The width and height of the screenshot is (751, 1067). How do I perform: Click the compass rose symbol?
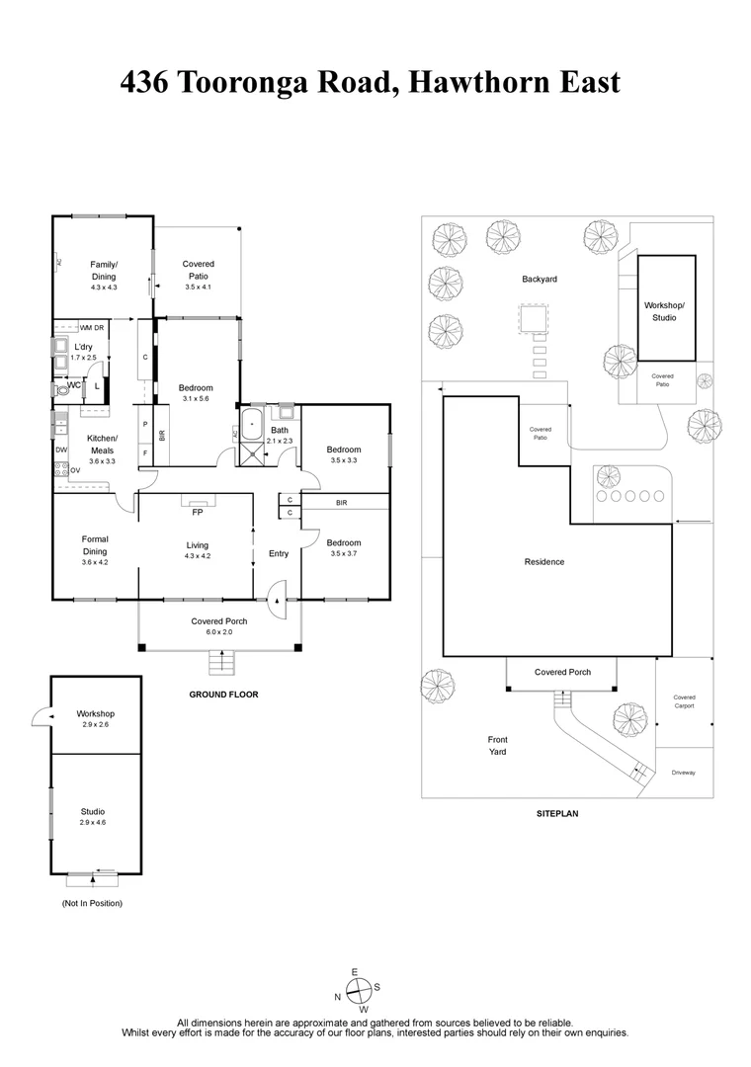coord(361,989)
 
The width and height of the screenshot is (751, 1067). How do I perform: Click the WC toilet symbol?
coord(65,389)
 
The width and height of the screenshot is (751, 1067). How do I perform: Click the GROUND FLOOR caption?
coord(223,695)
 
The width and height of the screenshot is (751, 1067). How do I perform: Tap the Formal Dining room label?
coord(95,545)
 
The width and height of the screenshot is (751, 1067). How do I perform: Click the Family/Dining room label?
coord(103,276)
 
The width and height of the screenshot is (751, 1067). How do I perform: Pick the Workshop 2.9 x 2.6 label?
coord(95,719)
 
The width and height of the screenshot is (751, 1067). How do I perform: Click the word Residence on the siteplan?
coord(544,562)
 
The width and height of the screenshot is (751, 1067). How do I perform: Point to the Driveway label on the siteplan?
coord(683,772)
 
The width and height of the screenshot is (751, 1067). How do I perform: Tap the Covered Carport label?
coord(684,701)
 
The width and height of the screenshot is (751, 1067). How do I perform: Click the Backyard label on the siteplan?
coord(540,280)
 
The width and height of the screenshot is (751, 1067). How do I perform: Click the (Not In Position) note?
coord(92,903)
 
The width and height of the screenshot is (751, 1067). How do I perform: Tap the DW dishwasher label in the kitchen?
coord(61,450)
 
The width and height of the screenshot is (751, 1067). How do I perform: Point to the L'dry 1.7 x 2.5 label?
coord(83,352)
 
